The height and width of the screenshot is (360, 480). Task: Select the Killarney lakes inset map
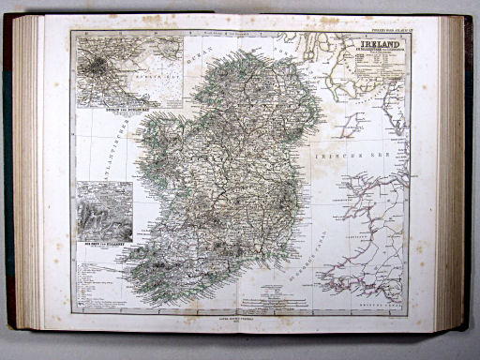click(x=104, y=211)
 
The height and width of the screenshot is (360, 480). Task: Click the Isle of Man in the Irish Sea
click(x=355, y=122)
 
